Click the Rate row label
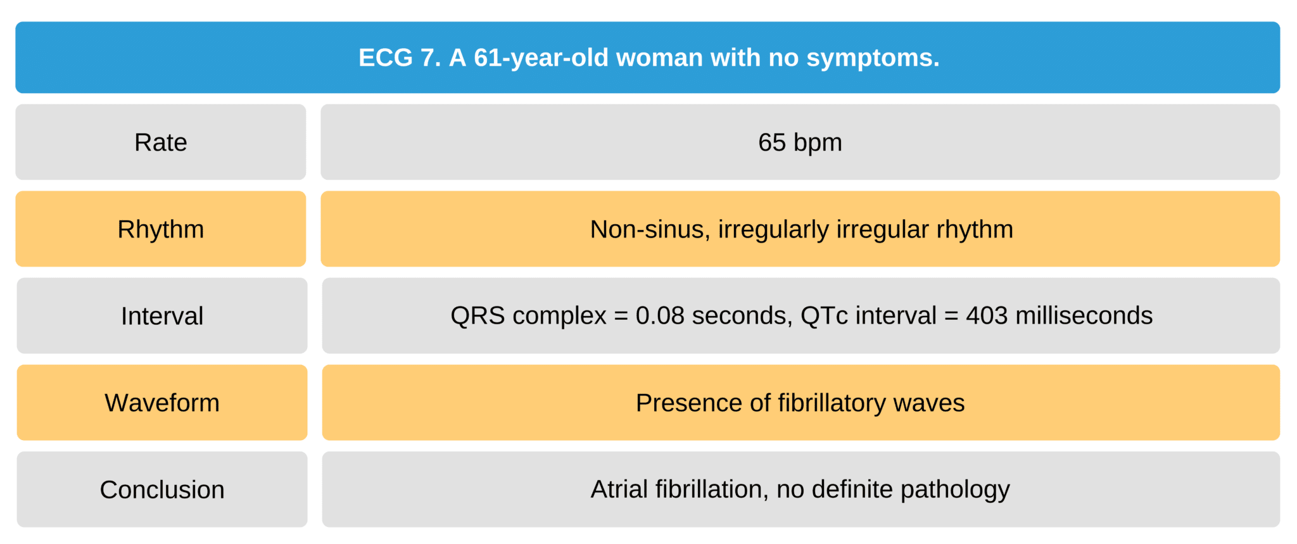pos(161,142)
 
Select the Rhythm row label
pos(161,229)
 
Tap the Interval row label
pos(162,316)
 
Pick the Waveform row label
pos(162,403)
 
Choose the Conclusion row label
pos(162,490)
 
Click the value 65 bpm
pos(800,142)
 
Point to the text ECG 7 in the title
pos(398,58)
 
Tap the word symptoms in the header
pos(872,58)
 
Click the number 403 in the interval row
pos(987,315)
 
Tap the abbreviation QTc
pos(824,315)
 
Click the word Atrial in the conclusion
pos(619,490)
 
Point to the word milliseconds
pos(1084,315)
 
